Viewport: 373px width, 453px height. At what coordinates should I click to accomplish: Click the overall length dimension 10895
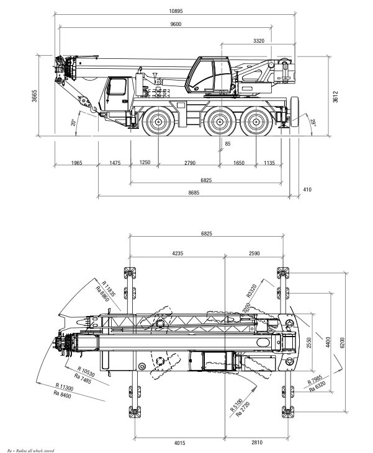176,11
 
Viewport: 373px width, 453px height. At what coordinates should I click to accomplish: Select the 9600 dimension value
176,24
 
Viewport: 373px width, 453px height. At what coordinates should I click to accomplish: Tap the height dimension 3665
34,96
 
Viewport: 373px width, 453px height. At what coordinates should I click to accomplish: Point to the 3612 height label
335,97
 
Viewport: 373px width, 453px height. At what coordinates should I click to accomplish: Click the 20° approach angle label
73,123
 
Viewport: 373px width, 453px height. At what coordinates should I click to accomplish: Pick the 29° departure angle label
313,123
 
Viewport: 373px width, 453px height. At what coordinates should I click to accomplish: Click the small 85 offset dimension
227,144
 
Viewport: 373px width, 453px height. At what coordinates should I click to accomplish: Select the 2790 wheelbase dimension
189,163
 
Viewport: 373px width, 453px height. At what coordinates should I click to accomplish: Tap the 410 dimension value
307,190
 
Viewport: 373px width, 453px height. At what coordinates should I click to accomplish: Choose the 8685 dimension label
194,193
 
